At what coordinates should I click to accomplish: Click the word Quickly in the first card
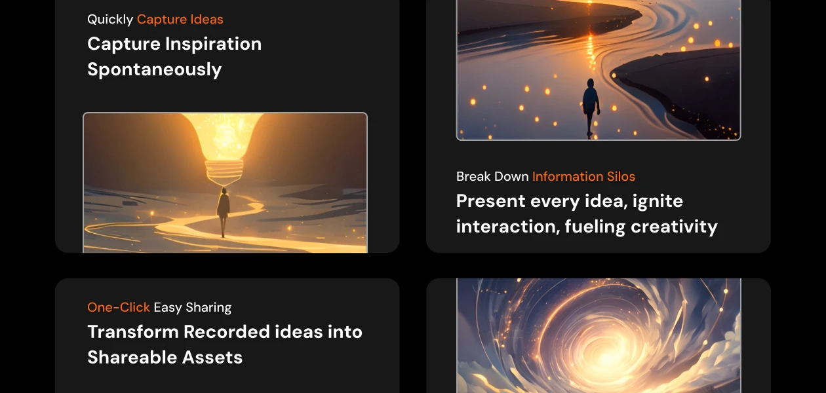(x=110, y=20)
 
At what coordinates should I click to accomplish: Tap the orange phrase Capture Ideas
(x=180, y=20)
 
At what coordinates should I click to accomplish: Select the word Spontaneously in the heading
(x=155, y=69)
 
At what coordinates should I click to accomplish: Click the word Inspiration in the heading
(x=213, y=44)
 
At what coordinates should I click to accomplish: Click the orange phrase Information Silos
(x=583, y=177)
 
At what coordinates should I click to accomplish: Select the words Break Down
(x=492, y=177)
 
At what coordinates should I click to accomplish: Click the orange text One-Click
(x=119, y=308)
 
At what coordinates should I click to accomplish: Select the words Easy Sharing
(x=193, y=308)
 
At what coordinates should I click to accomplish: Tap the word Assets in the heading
(x=215, y=358)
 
